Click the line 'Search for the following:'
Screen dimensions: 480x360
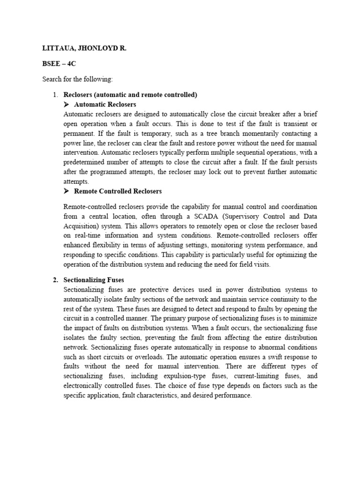pos(77,79)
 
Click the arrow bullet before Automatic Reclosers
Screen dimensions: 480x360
pos(67,104)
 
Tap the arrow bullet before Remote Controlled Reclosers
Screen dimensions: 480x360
pos(67,191)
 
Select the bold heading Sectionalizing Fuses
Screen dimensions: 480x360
pos(94,280)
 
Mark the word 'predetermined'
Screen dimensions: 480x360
pos(84,162)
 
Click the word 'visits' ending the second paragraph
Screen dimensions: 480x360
pos(261,264)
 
